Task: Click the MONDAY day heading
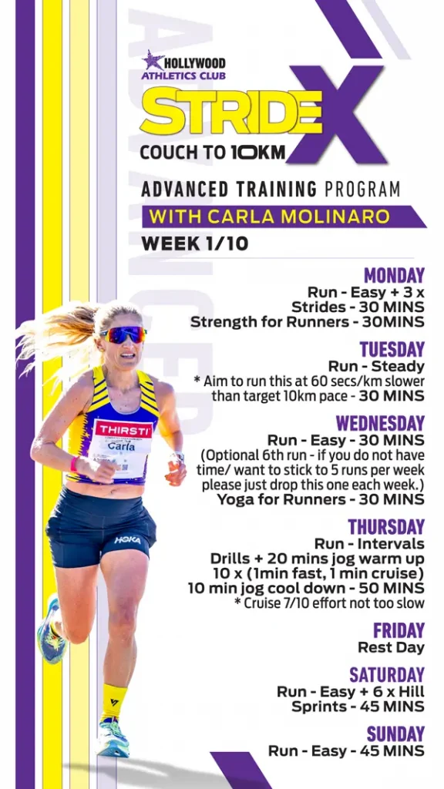[394, 276]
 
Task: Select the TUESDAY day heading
[392, 349]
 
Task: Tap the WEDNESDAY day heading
[381, 423]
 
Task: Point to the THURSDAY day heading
[387, 527]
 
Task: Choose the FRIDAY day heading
[399, 630]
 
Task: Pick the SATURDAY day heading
[387, 675]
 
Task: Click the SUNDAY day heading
[395, 734]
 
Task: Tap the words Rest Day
[391, 647]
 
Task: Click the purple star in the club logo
[153, 60]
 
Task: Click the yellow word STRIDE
[230, 111]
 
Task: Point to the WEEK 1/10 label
[195, 243]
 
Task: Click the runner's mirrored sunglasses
[124, 334]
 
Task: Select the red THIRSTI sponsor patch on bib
[123, 429]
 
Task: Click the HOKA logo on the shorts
[127, 539]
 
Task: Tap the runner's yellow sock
[113, 702]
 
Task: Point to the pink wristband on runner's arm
[75, 463]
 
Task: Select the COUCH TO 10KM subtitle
[213, 153]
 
